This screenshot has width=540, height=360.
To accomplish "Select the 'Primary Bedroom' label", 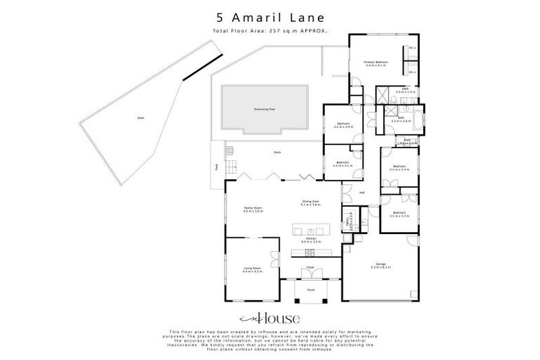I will click(376, 63).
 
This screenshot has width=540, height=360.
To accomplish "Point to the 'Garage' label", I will click(380, 265).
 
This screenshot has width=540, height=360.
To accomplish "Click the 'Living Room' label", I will click(252, 269).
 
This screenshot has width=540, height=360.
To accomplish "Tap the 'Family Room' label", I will click(252, 209).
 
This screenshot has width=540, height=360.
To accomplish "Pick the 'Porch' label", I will click(310, 289).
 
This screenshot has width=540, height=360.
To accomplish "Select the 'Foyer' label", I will click(309, 269).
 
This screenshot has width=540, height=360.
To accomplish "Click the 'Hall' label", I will click(362, 192).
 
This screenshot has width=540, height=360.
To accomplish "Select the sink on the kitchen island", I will click(310, 230).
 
